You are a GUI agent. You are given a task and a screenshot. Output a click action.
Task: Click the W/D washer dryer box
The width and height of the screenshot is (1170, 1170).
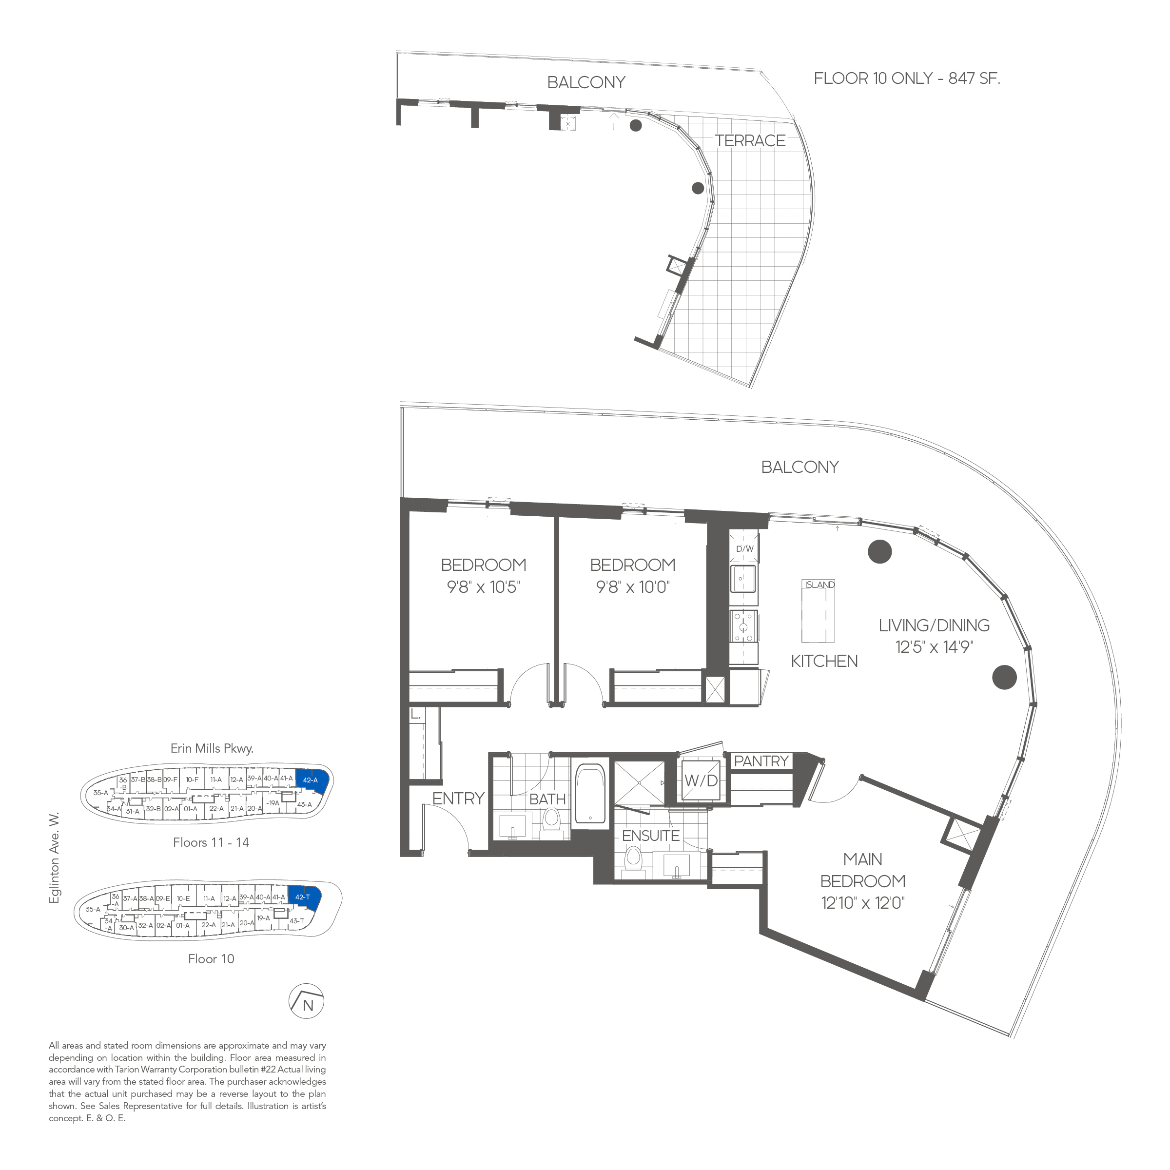[701, 780]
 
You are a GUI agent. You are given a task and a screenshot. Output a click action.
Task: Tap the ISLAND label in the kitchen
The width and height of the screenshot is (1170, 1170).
[819, 585]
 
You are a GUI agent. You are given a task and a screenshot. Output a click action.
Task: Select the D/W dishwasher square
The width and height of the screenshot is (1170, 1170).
[744, 548]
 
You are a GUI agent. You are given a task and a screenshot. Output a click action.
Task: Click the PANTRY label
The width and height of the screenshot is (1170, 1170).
[761, 761]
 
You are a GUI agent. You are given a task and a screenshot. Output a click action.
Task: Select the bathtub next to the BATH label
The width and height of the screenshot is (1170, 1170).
[590, 793]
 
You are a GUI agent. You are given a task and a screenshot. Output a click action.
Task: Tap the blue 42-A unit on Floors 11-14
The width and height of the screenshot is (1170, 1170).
[312, 780]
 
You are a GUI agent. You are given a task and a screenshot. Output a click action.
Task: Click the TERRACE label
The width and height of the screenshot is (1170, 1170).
[750, 140]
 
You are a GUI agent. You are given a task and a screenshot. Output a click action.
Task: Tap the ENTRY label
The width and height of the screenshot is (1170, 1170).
[458, 799]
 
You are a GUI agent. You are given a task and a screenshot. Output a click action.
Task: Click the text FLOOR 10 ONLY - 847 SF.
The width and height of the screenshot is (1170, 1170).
[907, 78]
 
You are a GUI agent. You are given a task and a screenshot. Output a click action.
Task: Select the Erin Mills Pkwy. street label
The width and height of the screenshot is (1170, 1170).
[212, 748]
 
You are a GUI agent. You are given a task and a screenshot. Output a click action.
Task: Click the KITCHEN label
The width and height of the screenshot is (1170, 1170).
[824, 662]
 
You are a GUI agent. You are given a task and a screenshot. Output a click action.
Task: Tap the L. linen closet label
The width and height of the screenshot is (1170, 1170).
[415, 715]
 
